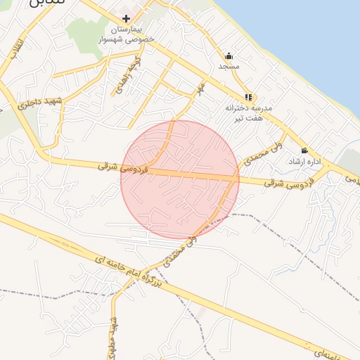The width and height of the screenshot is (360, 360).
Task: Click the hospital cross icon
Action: pyautogui.click(x=126, y=18)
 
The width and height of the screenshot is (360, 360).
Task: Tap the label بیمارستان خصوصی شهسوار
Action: pyautogui.click(x=127, y=34)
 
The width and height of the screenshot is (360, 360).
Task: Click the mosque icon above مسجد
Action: pyautogui.click(x=229, y=56)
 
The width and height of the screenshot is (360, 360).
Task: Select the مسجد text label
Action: pyautogui.click(x=229, y=66)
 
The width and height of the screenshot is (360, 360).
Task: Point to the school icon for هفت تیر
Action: pyautogui.click(x=247, y=97)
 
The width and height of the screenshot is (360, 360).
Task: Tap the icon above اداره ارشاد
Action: pyautogui.click(x=304, y=150)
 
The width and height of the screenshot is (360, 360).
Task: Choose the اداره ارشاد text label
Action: pyautogui.click(x=305, y=161)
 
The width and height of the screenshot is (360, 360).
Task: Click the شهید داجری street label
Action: pyautogui.click(x=44, y=104)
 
